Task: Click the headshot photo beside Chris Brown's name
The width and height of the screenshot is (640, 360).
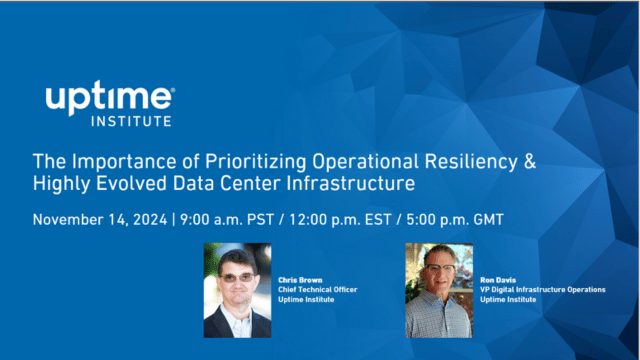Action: click(237, 289)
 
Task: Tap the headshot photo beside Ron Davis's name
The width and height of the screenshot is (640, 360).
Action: click(438, 289)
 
